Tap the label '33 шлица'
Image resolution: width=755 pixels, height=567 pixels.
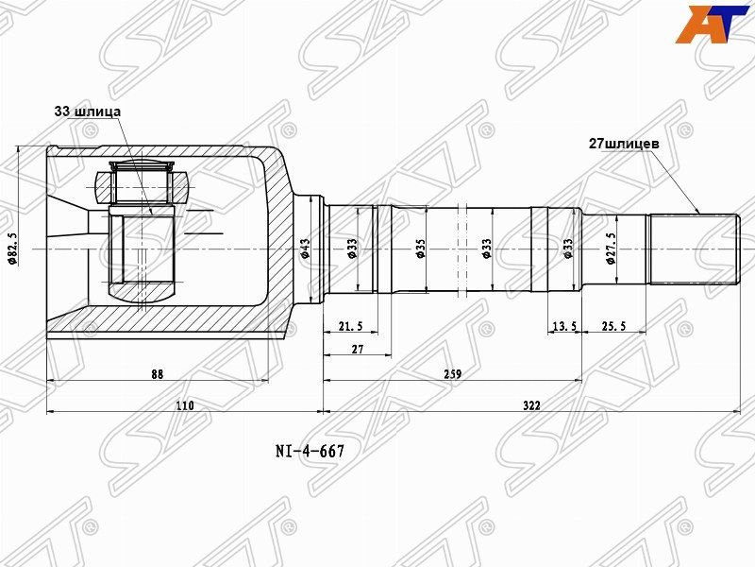click(x=87, y=112)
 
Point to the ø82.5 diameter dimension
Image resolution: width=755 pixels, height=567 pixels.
click(x=12, y=248)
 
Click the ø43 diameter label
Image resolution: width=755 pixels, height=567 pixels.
click(x=305, y=249)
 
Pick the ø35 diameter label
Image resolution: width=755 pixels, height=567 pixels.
click(x=420, y=249)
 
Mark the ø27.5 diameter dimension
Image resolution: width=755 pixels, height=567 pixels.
click(x=611, y=248)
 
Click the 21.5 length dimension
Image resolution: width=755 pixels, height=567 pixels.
click(x=349, y=326)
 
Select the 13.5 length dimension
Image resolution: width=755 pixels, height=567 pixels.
click(x=563, y=326)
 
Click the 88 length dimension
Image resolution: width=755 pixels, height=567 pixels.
click(x=157, y=374)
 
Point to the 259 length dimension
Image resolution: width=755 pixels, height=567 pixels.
click(x=452, y=374)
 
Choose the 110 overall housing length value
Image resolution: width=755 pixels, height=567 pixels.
click(x=184, y=405)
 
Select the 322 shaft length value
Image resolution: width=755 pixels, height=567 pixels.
click(x=531, y=405)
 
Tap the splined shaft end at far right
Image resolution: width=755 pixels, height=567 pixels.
click(x=694, y=249)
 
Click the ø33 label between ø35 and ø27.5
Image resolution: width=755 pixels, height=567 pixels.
click(x=568, y=249)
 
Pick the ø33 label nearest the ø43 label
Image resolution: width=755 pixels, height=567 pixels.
click(x=352, y=249)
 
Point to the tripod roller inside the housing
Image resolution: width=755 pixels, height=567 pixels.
click(x=143, y=180)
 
